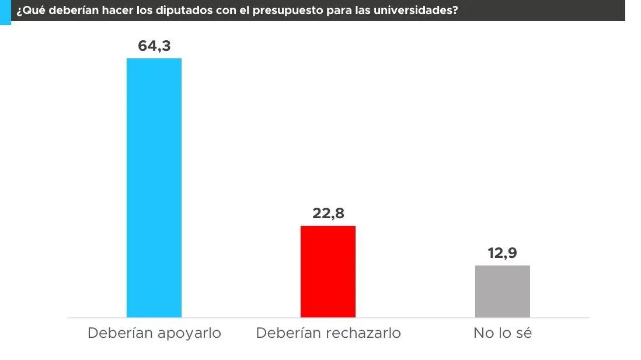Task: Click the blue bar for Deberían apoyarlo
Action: click(x=154, y=187)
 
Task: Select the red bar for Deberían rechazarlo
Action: click(x=328, y=271)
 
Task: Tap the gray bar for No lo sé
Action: click(x=502, y=291)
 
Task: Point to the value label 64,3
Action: click(x=154, y=46)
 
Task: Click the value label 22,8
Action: click(x=328, y=214)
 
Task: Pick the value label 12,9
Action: click(x=502, y=253)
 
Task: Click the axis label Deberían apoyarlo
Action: click(x=154, y=333)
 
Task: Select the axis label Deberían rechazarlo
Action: click(x=328, y=333)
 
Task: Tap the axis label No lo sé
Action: click(x=502, y=333)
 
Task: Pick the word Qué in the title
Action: click(x=30, y=11)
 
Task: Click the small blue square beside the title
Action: click(x=5, y=12)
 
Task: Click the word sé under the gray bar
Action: click(x=524, y=333)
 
